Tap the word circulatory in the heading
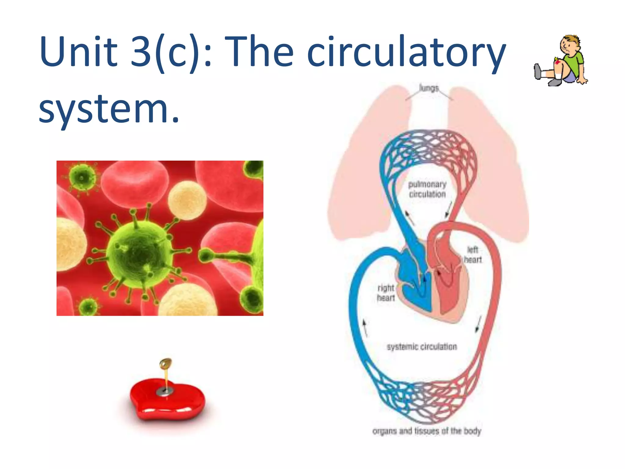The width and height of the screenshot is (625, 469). (406, 52)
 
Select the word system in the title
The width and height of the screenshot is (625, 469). (105, 109)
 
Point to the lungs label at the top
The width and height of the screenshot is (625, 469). (429, 88)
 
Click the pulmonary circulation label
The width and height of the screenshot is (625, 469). (427, 189)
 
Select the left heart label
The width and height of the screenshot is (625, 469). (473, 255)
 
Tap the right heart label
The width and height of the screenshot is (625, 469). (386, 293)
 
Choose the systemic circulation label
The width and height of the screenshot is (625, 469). (422, 347)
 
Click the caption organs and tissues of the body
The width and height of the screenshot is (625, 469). (427, 431)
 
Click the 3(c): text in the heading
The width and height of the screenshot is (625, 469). (171, 52)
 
